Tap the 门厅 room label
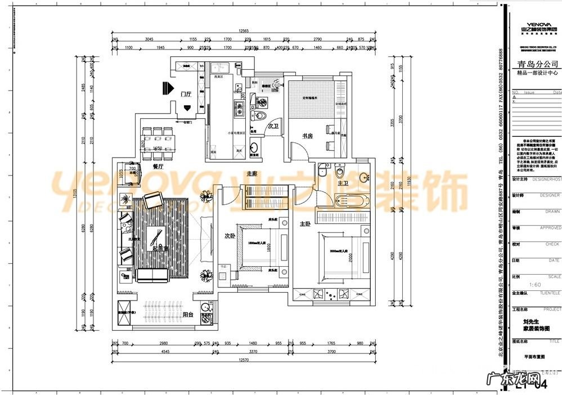186,94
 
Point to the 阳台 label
188,315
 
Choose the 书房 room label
307,135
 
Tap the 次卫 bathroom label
273,126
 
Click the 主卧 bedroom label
304,224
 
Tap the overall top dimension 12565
244,31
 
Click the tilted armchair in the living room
152,200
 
